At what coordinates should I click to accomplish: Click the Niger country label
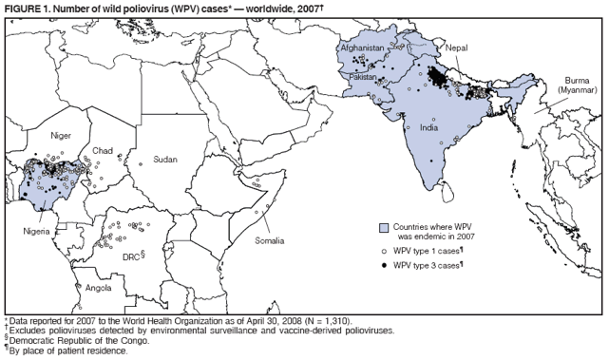[x=62, y=136]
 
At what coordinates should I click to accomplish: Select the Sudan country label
[x=164, y=159]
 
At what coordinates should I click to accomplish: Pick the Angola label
[x=98, y=286]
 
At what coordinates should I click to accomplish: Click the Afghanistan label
[x=362, y=47]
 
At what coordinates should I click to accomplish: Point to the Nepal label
[x=456, y=47]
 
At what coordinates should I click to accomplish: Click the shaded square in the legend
[x=385, y=228]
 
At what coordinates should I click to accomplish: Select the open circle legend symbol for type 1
[x=385, y=251]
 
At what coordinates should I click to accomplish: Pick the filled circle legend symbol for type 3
[x=385, y=264]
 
